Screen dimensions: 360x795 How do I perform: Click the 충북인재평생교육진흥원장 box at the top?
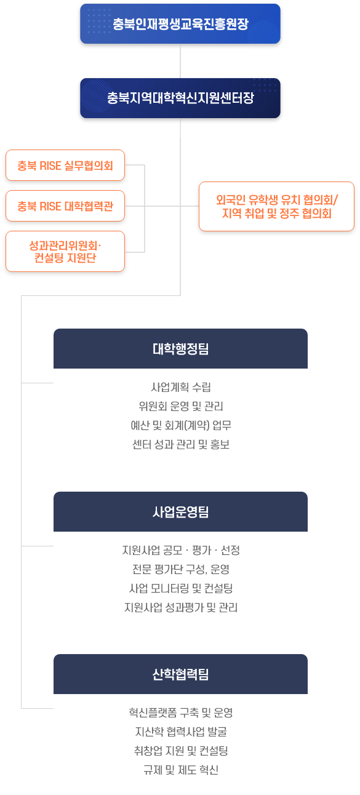(x=180, y=24)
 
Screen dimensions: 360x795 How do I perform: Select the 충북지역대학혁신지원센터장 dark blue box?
(x=180, y=98)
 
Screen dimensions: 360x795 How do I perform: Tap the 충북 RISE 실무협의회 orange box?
(x=65, y=166)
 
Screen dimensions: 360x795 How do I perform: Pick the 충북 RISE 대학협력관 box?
(x=65, y=206)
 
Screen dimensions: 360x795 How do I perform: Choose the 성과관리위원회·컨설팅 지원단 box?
(x=65, y=251)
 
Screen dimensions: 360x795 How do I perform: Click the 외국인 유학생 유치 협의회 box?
(x=276, y=206)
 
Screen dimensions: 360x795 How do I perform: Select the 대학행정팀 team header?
(x=180, y=348)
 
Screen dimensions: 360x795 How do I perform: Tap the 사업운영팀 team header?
(x=180, y=511)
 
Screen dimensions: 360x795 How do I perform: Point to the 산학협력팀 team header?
(x=180, y=674)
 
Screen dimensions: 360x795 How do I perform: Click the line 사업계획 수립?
(x=181, y=387)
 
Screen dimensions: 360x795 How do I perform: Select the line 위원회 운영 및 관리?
(x=181, y=406)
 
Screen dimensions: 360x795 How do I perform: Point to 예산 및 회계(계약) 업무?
(x=181, y=425)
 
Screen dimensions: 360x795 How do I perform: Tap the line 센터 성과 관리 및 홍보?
(x=181, y=444)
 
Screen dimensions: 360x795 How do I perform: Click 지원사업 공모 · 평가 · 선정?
(x=181, y=550)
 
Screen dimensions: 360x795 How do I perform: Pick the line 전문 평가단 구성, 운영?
(x=181, y=569)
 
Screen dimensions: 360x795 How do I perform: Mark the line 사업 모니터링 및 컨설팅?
(x=181, y=588)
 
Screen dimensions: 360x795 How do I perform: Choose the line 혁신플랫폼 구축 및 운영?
(x=181, y=713)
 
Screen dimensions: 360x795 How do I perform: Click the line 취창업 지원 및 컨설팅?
(x=181, y=751)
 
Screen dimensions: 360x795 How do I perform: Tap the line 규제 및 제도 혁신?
(x=181, y=770)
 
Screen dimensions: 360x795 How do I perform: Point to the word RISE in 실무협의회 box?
(x=50, y=166)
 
